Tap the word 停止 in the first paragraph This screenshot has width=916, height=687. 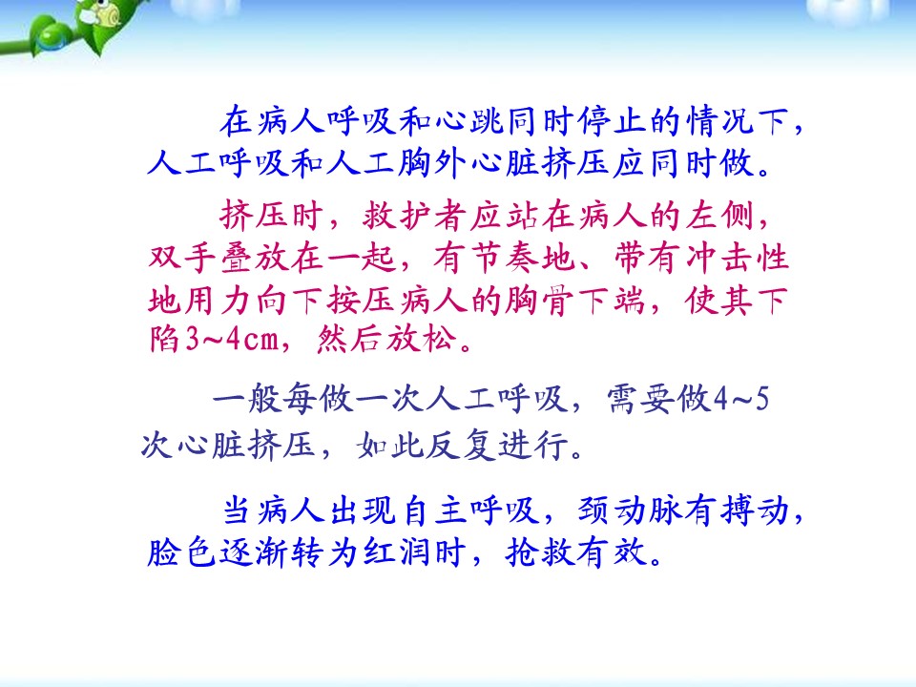pos(613,121)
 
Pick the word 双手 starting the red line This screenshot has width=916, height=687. pos(182,258)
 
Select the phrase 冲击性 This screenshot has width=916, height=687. pos(738,258)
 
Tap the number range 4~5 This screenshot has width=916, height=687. pos(741,400)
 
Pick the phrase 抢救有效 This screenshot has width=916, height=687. pos(576,552)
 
